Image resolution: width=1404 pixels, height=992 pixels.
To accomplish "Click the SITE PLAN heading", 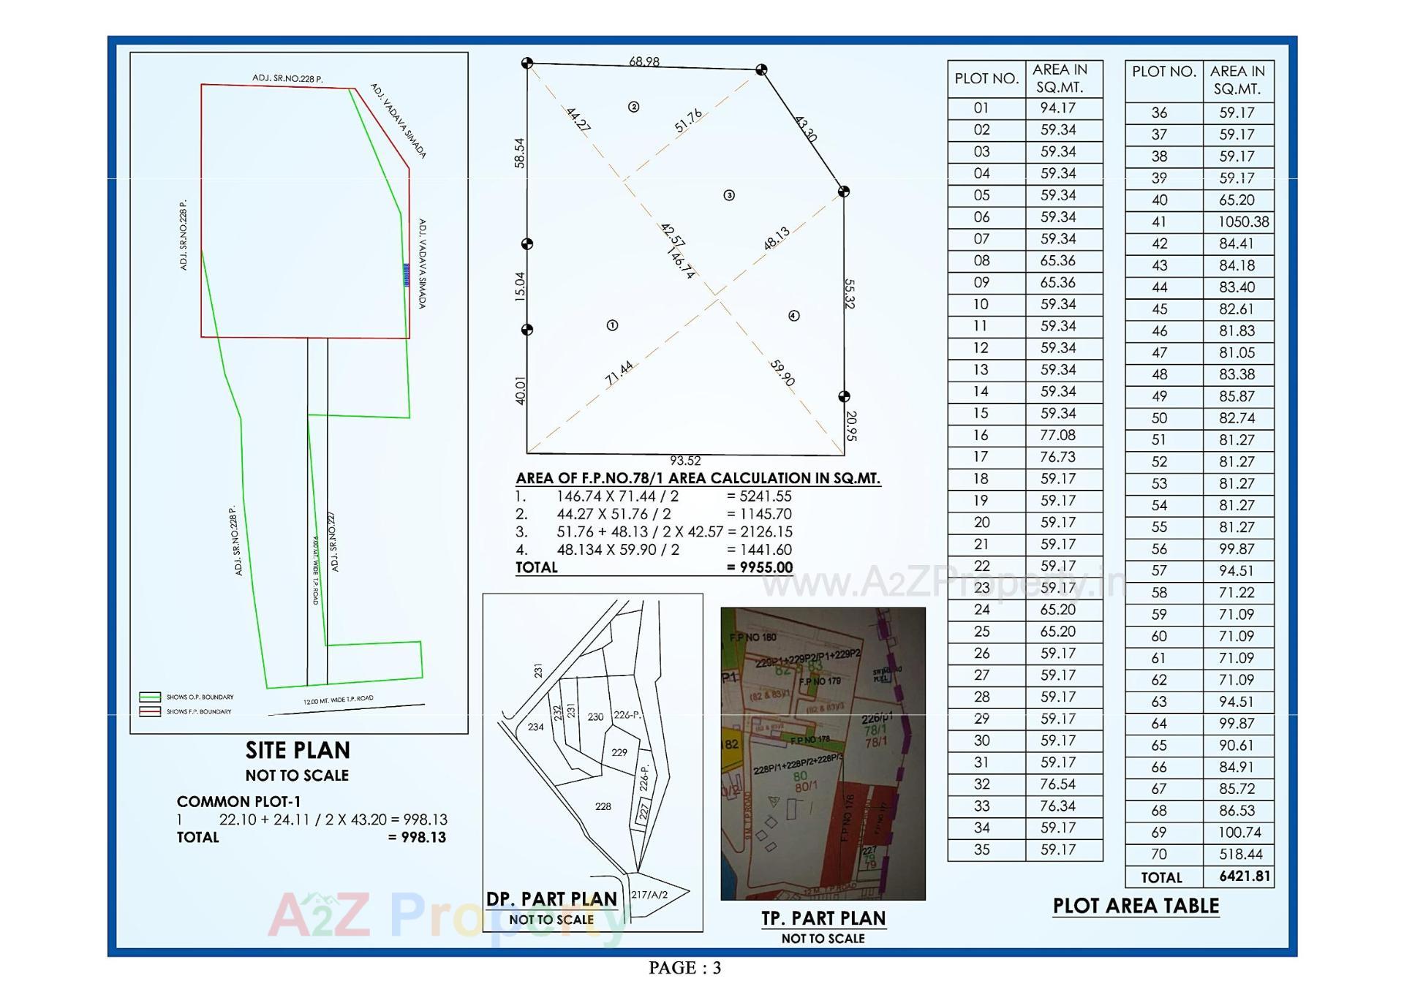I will pos(298,750).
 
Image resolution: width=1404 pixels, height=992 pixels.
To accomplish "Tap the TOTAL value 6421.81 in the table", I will pos(1245,876).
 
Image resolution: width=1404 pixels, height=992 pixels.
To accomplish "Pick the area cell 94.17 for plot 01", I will pos(1058,108).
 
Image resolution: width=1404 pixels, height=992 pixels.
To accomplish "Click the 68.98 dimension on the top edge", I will pos(643,61).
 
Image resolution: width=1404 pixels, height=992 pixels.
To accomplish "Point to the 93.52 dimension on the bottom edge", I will pos(685,461).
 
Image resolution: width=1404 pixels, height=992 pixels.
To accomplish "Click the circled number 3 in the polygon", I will pos(729,195).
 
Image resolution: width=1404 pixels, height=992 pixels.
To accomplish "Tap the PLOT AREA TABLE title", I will pos(1136,906).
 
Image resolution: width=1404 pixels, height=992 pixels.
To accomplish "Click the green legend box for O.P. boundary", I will pos(150,697).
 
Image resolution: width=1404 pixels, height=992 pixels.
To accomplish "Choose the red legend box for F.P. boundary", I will pos(150,711).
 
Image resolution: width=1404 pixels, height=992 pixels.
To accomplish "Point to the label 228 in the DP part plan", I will pos(603,806).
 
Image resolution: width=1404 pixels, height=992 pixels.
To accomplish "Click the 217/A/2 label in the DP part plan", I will pos(649,894).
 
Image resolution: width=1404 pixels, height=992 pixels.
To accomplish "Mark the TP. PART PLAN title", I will pos(823,918).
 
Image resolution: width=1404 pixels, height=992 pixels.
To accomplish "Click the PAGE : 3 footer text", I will pos(684,968).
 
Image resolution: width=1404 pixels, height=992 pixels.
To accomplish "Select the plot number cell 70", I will pos(1159,854).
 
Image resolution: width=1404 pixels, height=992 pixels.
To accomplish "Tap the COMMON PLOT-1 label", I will pos(238,801).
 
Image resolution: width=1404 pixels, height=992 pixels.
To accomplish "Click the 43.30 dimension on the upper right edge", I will pos(805,129).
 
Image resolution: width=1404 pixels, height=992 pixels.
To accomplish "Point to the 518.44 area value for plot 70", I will pos(1237,854).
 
